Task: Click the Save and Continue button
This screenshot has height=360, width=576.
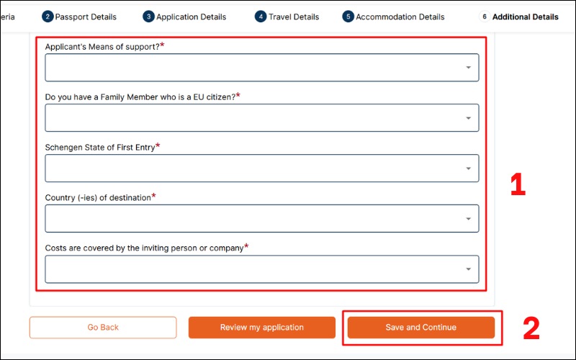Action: point(420,328)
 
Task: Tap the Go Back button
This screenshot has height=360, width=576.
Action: point(103,328)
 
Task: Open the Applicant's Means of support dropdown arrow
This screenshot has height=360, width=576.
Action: point(468,68)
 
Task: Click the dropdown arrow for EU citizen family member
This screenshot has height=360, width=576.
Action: point(468,118)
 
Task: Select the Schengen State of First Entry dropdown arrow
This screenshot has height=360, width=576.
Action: point(468,168)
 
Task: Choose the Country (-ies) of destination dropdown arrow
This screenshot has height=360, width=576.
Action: point(468,219)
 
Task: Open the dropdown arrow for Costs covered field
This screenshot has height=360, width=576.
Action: point(468,269)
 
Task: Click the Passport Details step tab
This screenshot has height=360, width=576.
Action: point(86,17)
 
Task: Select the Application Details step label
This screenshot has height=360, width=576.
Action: point(191,17)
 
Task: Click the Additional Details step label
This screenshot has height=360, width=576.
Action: point(525,17)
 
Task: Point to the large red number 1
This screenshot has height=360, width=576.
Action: point(517,185)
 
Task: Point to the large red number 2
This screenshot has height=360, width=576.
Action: point(531,328)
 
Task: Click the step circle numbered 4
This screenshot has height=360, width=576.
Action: point(261,17)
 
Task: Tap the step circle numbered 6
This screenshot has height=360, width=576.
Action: point(485,17)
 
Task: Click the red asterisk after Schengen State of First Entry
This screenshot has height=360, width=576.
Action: point(158,145)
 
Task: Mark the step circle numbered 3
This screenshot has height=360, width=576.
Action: point(148,17)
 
